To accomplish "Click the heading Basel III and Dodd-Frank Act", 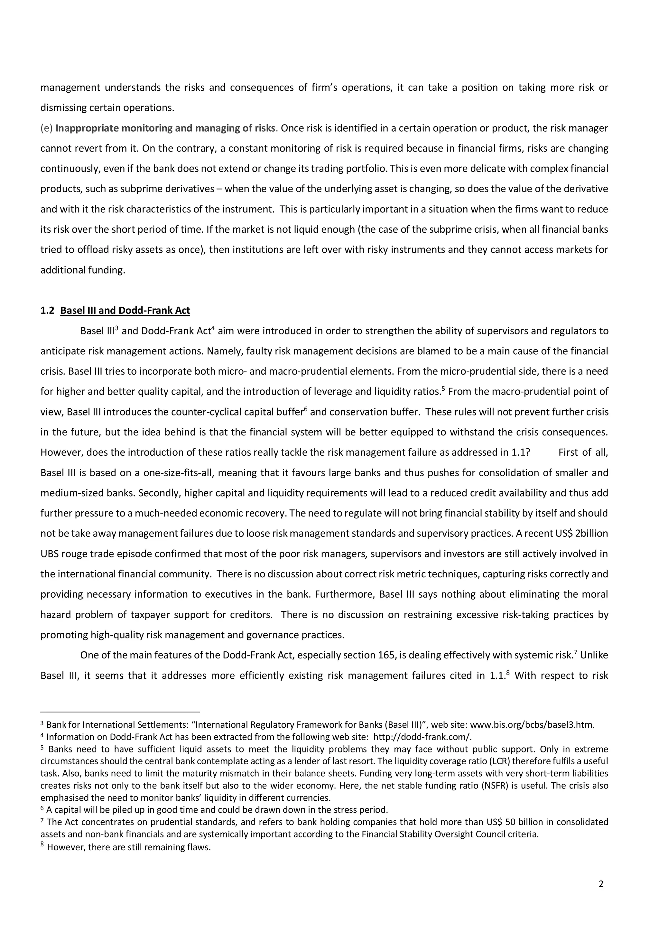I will pyautogui.click(x=125, y=311).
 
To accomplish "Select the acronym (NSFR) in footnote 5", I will pyautogui.click(x=496, y=786).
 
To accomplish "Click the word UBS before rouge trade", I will pyautogui.click(x=50, y=554).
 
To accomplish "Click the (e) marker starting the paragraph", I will pyautogui.click(x=47, y=128).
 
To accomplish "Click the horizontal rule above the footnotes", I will pyautogui.click(x=120, y=712).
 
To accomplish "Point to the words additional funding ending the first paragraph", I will pyautogui.click(x=82, y=270).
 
